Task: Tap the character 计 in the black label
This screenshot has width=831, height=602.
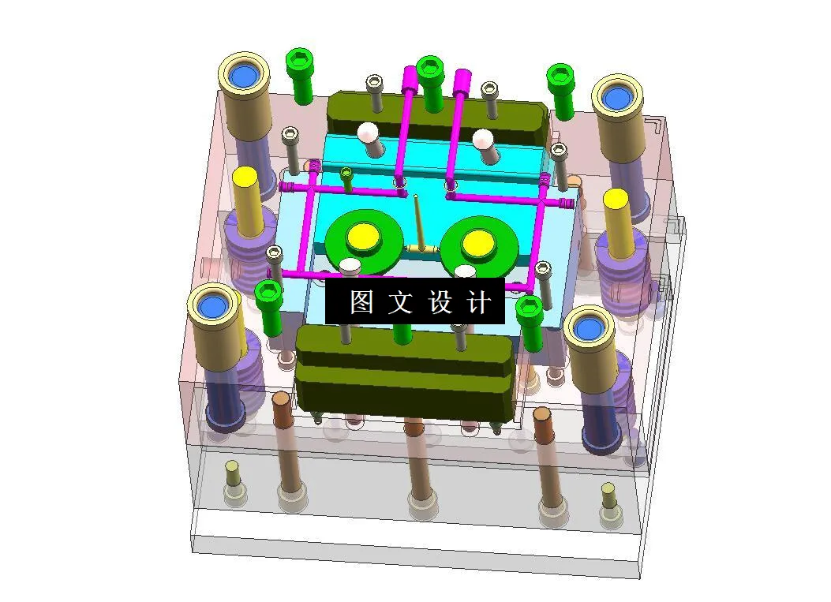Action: click(478, 301)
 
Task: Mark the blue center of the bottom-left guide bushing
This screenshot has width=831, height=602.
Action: click(211, 305)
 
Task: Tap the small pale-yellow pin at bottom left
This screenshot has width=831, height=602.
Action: click(232, 476)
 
